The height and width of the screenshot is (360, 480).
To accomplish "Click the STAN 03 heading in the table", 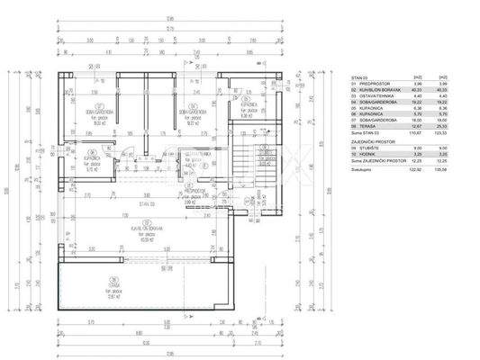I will tap(359, 78).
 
